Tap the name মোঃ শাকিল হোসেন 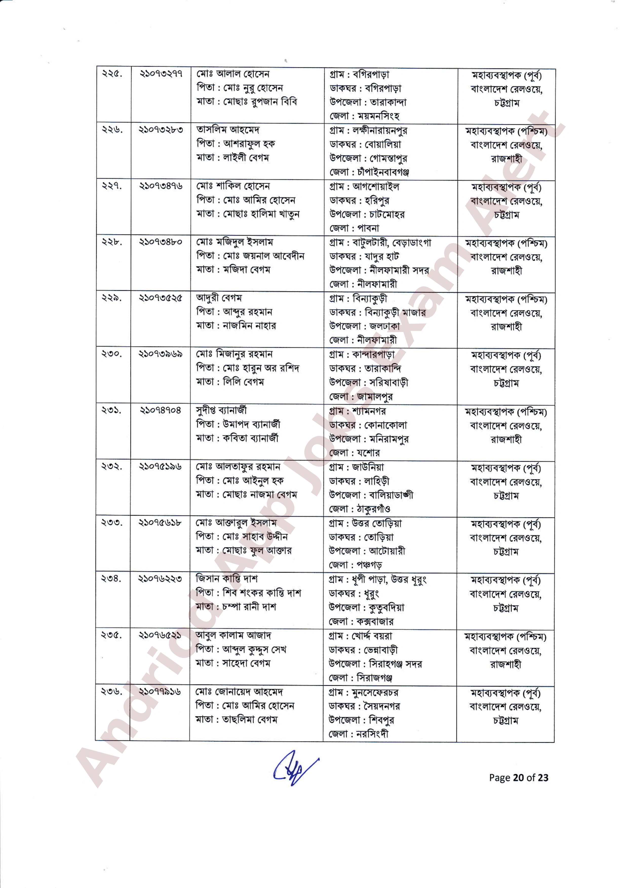(233, 186)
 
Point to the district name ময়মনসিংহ (378, 116)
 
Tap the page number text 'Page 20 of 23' (519, 777)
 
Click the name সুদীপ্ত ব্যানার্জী (221, 410)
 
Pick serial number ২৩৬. (111, 691)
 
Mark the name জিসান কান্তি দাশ (227, 579)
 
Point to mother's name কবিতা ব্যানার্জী (250, 438)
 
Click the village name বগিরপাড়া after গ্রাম (371, 74)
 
